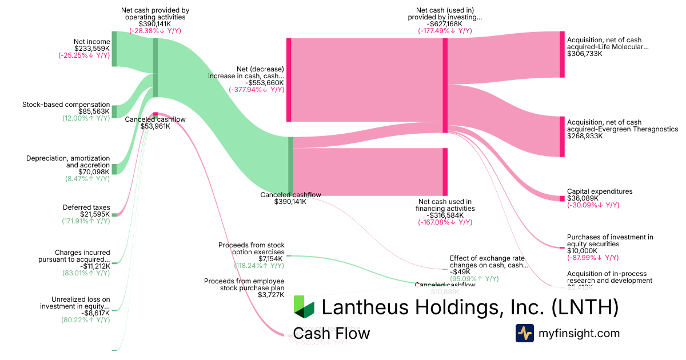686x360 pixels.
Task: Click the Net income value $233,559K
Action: click(91, 49)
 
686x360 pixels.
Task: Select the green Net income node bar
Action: click(114, 49)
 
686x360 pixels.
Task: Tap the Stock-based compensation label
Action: click(66, 105)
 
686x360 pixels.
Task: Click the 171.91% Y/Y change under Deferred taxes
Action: click(86, 221)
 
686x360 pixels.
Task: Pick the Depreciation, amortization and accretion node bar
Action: click(114, 169)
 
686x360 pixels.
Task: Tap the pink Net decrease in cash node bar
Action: click(289, 79)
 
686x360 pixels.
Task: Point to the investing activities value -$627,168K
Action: click(445, 24)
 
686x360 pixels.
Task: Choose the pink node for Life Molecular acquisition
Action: click(562, 54)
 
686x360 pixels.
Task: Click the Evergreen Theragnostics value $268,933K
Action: click(585, 136)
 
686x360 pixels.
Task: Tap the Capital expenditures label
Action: click(600, 191)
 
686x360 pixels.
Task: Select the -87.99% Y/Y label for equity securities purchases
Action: click(593, 258)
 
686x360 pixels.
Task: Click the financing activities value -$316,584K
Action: click(445, 215)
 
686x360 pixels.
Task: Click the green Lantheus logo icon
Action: click(304, 307)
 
